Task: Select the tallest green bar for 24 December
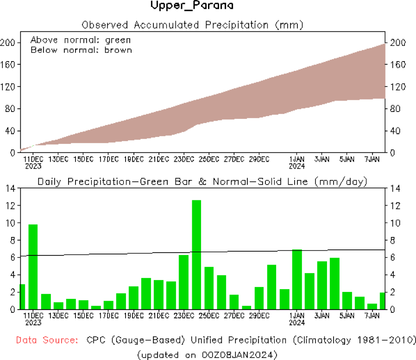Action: tap(196, 254)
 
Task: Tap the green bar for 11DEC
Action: tap(33, 267)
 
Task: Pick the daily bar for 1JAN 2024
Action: tap(297, 279)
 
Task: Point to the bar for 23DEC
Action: tap(183, 282)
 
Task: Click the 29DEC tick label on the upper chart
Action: tap(259, 159)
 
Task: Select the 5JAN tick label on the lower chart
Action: tap(347, 316)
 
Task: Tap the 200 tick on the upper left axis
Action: tap(9, 43)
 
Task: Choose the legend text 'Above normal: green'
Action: tap(81, 40)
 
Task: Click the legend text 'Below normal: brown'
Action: tap(81, 50)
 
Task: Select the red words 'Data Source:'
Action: tap(47, 341)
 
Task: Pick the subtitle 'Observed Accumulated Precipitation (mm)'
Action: tap(192, 25)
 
